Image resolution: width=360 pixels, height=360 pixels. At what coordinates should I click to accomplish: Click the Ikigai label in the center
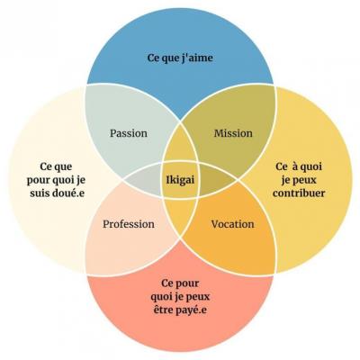pos(180,180)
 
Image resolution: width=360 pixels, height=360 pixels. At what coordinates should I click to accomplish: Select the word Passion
pos(129,133)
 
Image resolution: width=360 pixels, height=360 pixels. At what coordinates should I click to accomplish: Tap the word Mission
pos(233,133)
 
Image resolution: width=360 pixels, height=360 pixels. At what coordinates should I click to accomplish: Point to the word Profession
pos(129,224)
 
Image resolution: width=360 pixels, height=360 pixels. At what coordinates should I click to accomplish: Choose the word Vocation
pos(232,224)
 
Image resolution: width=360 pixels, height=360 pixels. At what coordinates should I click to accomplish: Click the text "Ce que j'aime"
pos(180,58)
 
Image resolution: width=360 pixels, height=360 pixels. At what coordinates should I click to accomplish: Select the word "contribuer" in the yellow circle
pos(299,193)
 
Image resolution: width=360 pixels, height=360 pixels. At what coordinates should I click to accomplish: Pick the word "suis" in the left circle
pos(38,193)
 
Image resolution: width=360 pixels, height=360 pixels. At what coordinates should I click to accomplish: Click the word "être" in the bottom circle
pos(162,310)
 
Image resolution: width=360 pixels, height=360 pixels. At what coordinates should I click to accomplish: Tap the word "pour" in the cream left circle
pos(38,181)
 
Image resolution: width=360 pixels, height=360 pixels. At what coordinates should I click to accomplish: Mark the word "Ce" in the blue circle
pos(154,58)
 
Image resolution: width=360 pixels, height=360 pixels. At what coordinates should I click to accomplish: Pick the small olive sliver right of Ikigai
pos(215,180)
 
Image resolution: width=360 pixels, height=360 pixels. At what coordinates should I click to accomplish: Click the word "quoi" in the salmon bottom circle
pos(163,297)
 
